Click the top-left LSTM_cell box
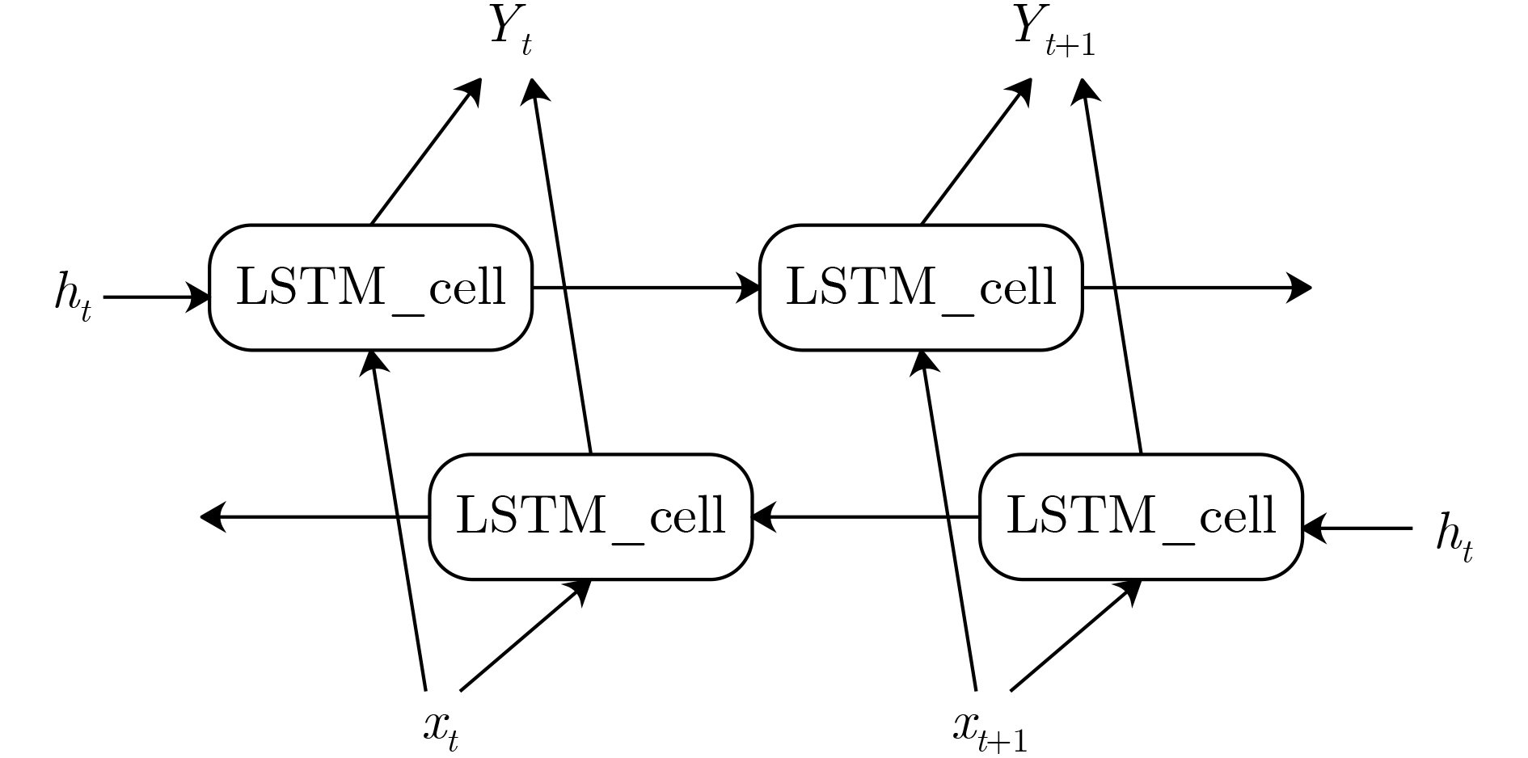point(371,288)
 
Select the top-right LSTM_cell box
point(921,288)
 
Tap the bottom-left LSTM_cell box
point(590,516)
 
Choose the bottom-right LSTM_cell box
point(1141,516)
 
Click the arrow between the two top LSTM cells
point(647,288)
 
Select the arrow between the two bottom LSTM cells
point(865,516)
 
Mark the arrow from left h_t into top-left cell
point(158,297)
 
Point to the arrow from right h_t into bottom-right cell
point(1358,529)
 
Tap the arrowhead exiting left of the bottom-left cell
point(212,516)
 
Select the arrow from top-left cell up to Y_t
point(425,151)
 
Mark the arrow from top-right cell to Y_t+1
point(977,151)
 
